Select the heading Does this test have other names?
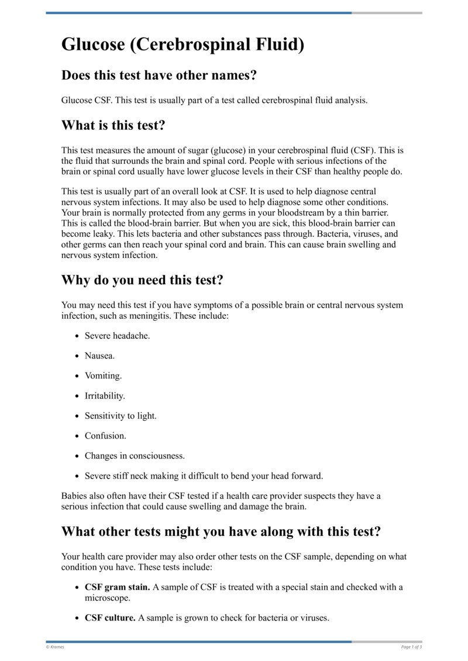coord(159,75)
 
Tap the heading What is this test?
coord(120,125)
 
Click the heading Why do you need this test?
coord(142,280)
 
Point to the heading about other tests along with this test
coord(221,531)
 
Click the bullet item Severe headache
coord(117,336)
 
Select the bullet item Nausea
coord(100,356)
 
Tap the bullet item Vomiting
coord(103,376)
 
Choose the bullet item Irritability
coord(105,396)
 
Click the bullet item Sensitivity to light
coord(121,416)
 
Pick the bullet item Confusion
coord(105,436)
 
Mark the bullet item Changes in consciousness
coord(135,456)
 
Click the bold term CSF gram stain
coord(117,587)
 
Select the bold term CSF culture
coord(110,617)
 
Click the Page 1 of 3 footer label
coord(411,646)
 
